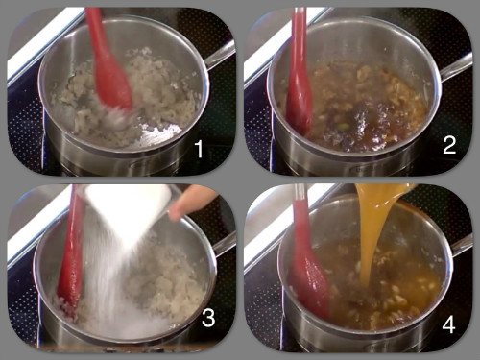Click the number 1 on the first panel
coord(199,149)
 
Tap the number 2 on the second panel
coord(449,145)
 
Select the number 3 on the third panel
coord(208,318)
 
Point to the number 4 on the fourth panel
coord(448,324)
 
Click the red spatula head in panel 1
coord(112,84)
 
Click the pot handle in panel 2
coord(455,68)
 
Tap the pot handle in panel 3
coord(224,245)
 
